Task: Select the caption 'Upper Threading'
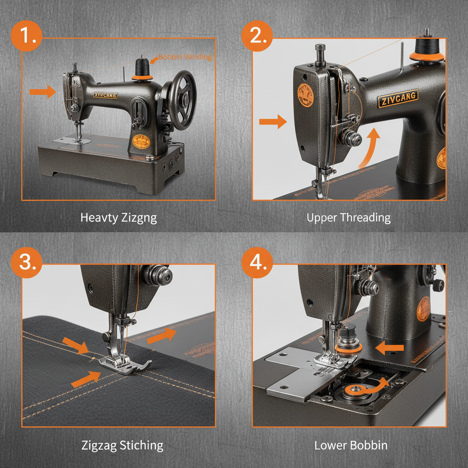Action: click(348, 218)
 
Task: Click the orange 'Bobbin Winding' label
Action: click(185, 57)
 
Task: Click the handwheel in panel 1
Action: click(181, 100)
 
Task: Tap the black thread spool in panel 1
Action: click(142, 69)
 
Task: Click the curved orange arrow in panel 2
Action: click(369, 149)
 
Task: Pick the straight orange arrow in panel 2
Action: click(272, 122)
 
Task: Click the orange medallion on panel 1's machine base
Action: click(141, 142)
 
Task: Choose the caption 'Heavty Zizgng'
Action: click(118, 218)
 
